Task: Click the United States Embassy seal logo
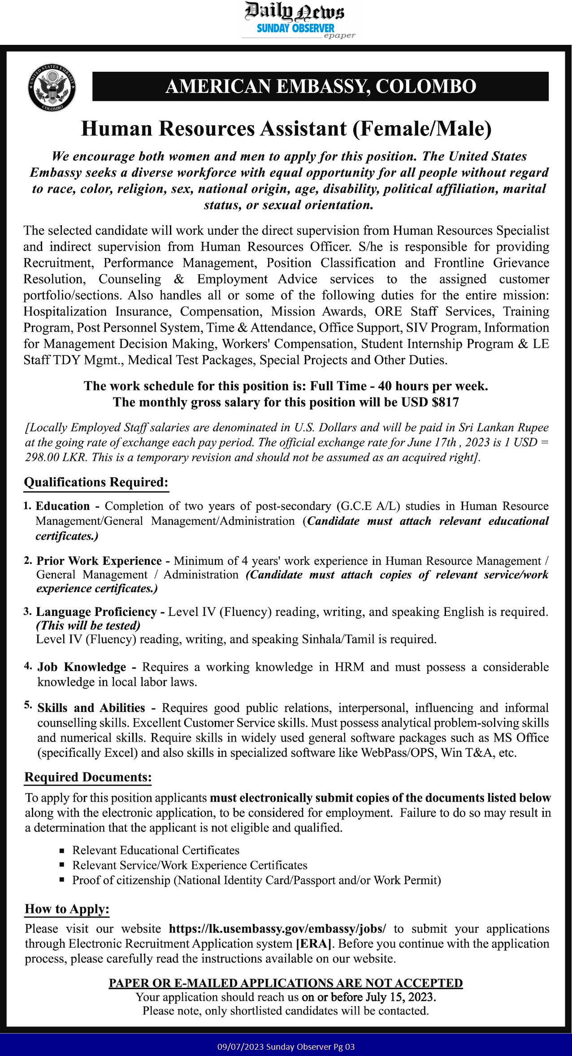click(52, 87)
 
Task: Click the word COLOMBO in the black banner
click(425, 87)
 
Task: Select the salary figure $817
click(446, 402)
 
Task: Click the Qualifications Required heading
click(96, 482)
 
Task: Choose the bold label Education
click(63, 506)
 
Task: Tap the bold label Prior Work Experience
click(99, 561)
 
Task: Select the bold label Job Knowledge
click(82, 667)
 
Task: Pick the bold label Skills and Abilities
click(91, 708)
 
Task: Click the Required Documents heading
click(88, 777)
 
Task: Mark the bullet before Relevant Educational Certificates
click(62, 851)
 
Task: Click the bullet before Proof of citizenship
click(62, 880)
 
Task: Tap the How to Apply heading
click(67, 909)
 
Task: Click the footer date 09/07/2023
click(240, 1047)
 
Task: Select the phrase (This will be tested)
click(88, 625)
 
